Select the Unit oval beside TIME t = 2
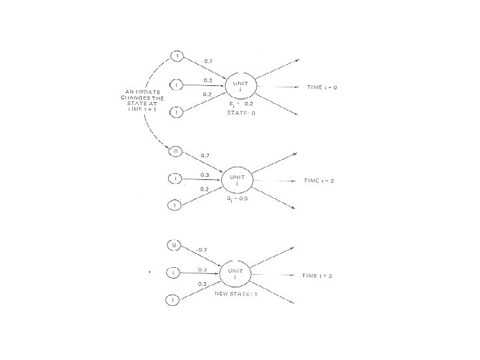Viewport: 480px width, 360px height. (x=239, y=179)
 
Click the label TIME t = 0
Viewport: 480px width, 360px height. (x=322, y=87)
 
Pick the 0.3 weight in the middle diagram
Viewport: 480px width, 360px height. (x=205, y=175)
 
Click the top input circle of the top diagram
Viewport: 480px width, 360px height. (x=177, y=55)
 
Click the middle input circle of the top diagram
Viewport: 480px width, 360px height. (x=176, y=85)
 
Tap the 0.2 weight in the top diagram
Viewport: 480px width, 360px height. (x=207, y=95)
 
